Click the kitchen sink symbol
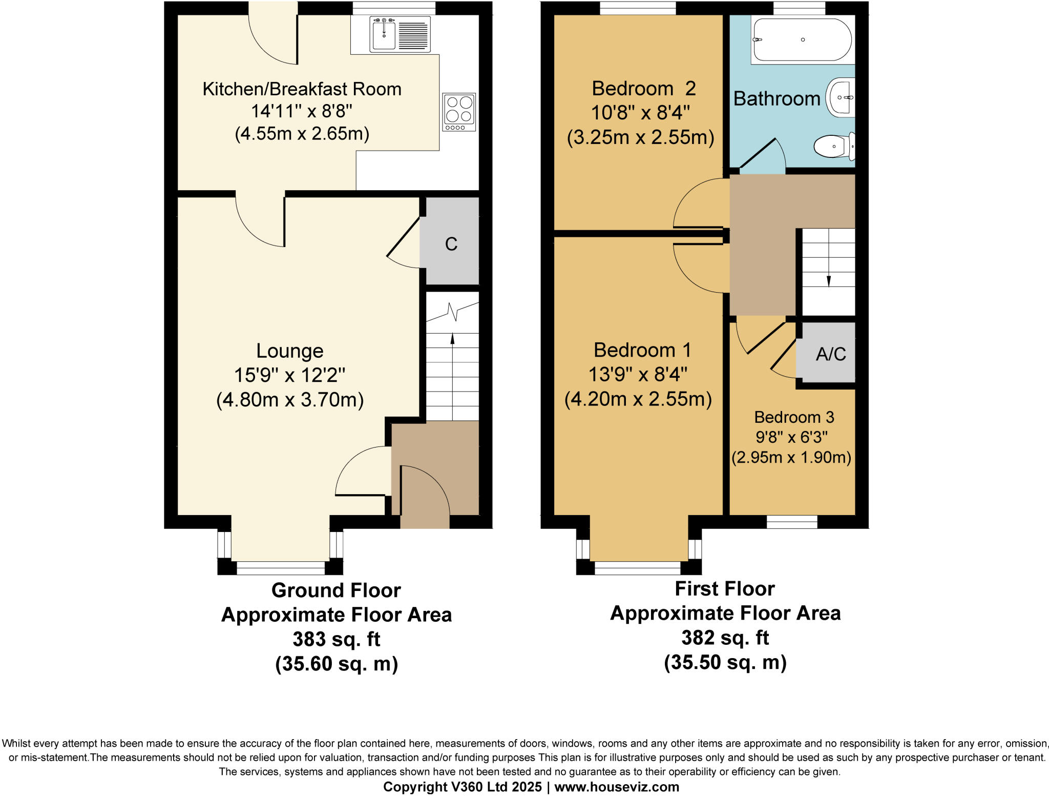pos(400,34)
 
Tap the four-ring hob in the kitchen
pos(459,112)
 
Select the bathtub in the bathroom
pos(802,40)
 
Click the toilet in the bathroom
pos(834,146)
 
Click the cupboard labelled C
pos(451,244)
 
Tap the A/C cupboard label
pos(830,354)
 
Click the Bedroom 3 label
pos(794,417)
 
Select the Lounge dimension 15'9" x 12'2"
pos(290,375)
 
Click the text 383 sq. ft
pos(337,639)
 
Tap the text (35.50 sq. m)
pos(725,662)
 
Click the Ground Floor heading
pos(336,590)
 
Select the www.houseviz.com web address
pos(617,787)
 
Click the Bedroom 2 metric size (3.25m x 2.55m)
pos(640,137)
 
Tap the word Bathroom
pos(777,98)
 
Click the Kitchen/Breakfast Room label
pos(302,89)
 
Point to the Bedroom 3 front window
pos(792,522)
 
